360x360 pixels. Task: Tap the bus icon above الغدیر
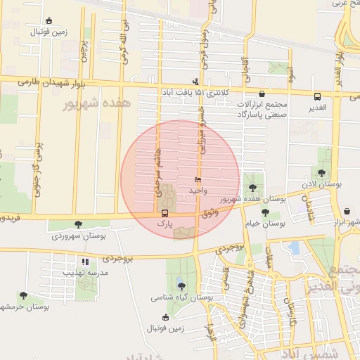(x=317, y=96)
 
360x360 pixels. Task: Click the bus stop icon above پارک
(x=165, y=213)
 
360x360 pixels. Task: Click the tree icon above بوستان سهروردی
(x=77, y=225)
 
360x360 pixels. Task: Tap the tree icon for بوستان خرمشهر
(x=23, y=296)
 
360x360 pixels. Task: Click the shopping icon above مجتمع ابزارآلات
(x=262, y=94)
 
